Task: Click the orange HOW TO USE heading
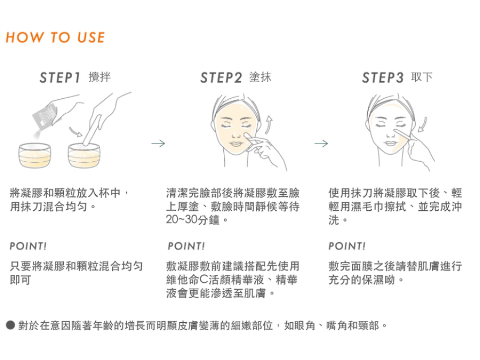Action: pos(55,38)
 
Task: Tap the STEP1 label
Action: pos(60,78)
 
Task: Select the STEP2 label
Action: pos(221,78)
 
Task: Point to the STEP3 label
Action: pos(382,78)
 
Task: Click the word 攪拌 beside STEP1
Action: pos(99,77)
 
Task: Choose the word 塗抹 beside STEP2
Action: pos(260,77)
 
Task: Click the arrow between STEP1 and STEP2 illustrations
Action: pos(158,144)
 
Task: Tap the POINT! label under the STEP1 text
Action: pos(28,246)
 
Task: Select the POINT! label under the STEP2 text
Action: pos(186,246)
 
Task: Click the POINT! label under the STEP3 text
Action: pos(347,246)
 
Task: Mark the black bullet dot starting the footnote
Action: pos(10,326)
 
